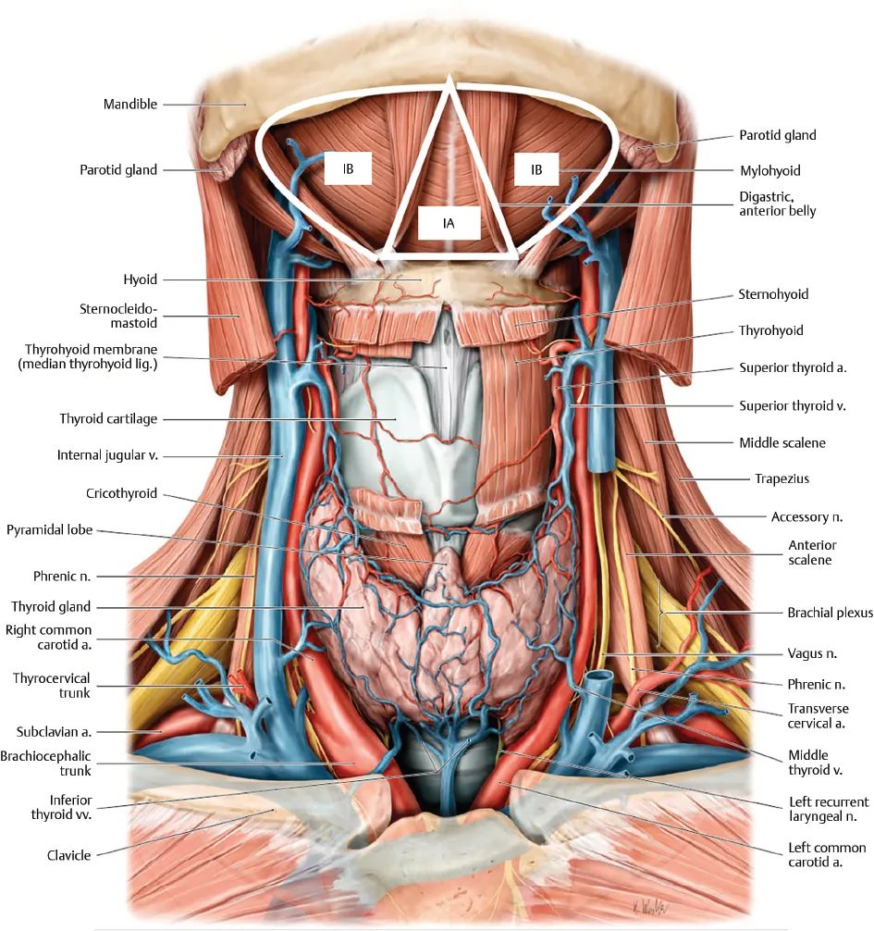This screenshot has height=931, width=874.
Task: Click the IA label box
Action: (449, 223)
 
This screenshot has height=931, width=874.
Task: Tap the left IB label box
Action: (349, 169)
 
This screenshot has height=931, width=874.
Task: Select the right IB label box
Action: (536, 169)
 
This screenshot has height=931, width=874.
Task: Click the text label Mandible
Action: (130, 105)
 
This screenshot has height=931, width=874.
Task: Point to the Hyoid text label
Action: (140, 279)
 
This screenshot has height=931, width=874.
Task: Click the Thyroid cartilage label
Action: (108, 419)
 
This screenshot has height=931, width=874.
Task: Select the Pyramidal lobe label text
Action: (49, 530)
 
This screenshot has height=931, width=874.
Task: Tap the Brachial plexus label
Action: (831, 613)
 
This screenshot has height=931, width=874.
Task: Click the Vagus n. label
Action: (812, 653)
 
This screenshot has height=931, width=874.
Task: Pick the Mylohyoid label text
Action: (770, 171)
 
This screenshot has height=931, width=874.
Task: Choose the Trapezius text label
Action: (782, 478)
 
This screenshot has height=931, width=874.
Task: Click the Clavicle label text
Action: (68, 856)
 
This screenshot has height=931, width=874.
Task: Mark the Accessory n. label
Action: (807, 517)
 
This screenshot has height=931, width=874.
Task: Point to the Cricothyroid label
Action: (122, 493)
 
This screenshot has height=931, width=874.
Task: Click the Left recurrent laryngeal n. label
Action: (829, 809)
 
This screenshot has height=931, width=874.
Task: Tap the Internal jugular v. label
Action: (107, 455)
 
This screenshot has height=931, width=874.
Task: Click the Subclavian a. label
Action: (54, 732)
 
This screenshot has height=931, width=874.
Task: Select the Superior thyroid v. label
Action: (793, 406)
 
